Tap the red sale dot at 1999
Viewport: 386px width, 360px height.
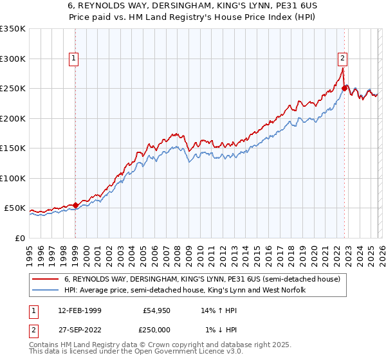click(75, 206)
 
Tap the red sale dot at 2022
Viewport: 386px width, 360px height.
click(345, 88)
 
